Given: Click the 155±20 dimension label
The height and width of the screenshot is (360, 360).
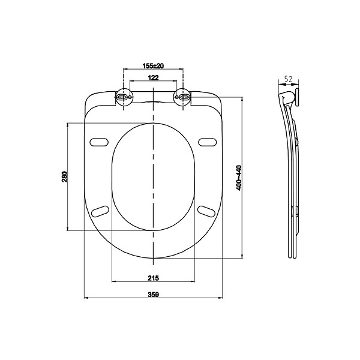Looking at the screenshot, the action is click(153, 66).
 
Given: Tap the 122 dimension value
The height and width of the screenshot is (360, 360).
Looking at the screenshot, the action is click(153, 78).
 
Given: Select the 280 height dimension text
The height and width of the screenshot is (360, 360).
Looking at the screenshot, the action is click(65, 176).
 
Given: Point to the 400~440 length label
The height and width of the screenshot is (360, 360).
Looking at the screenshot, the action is click(239, 178).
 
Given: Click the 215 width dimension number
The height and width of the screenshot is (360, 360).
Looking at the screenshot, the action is click(153, 278).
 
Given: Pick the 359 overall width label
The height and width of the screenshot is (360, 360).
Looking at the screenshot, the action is click(153, 295).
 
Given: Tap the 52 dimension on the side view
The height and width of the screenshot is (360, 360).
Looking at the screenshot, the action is click(289, 79).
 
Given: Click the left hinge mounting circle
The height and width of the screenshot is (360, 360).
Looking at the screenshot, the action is click(124, 97).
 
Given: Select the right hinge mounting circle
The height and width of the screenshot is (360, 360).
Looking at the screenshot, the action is click(183, 97).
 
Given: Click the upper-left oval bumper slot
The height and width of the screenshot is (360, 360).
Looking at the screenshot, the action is click(99, 142).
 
